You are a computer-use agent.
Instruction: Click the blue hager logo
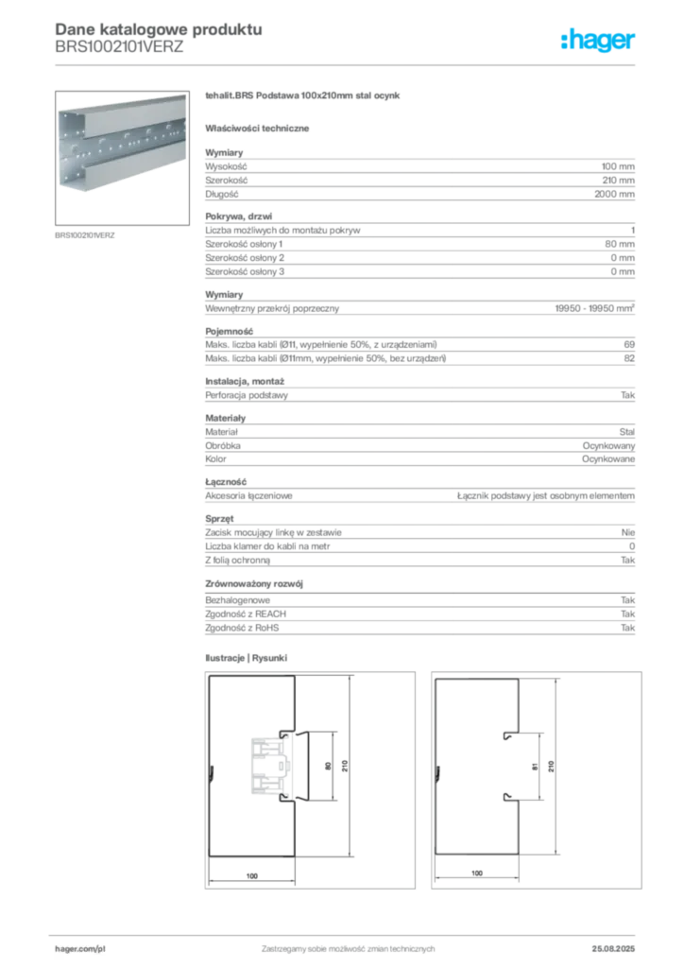[599, 41]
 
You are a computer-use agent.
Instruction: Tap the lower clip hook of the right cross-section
[508, 797]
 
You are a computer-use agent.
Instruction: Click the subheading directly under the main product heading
[260, 128]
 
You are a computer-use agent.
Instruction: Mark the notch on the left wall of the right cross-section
[438, 774]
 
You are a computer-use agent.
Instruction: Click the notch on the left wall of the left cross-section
[213, 774]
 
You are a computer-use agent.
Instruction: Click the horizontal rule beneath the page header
[348, 64]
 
